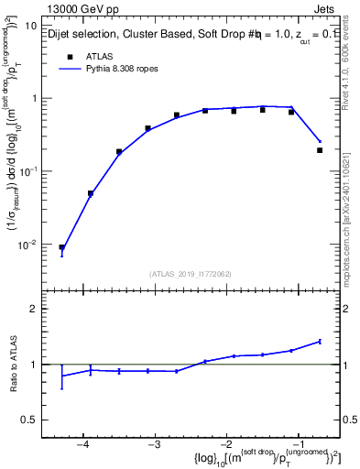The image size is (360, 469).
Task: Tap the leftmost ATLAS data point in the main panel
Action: pos(62,247)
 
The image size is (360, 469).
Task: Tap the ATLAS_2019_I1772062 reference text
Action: pos(191,274)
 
